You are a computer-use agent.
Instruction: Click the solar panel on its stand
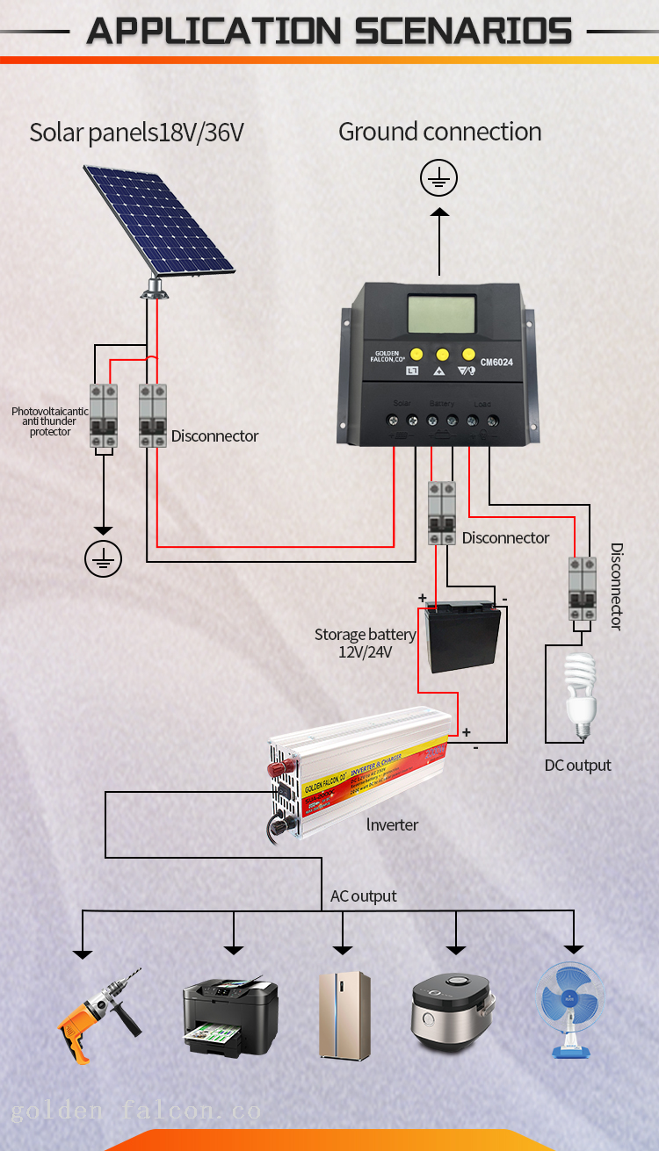(x=161, y=219)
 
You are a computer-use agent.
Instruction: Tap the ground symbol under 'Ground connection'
(x=439, y=179)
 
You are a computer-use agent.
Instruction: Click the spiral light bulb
(x=579, y=694)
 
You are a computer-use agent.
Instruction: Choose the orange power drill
(x=98, y=1014)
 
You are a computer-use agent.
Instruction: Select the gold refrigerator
(x=344, y=1014)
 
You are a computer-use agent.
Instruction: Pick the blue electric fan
(x=571, y=1010)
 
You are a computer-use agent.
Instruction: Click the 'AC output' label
(x=363, y=896)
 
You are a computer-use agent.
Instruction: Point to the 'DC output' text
(x=577, y=766)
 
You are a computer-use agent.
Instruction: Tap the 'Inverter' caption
(x=392, y=824)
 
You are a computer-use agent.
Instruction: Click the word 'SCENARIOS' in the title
(x=464, y=32)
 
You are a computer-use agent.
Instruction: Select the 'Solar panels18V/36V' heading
(x=136, y=133)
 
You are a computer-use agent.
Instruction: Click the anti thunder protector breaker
(x=105, y=416)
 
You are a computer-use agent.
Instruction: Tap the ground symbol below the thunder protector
(x=104, y=558)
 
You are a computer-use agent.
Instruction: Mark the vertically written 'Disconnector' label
(x=617, y=586)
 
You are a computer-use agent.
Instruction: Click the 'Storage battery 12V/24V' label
(x=365, y=643)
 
